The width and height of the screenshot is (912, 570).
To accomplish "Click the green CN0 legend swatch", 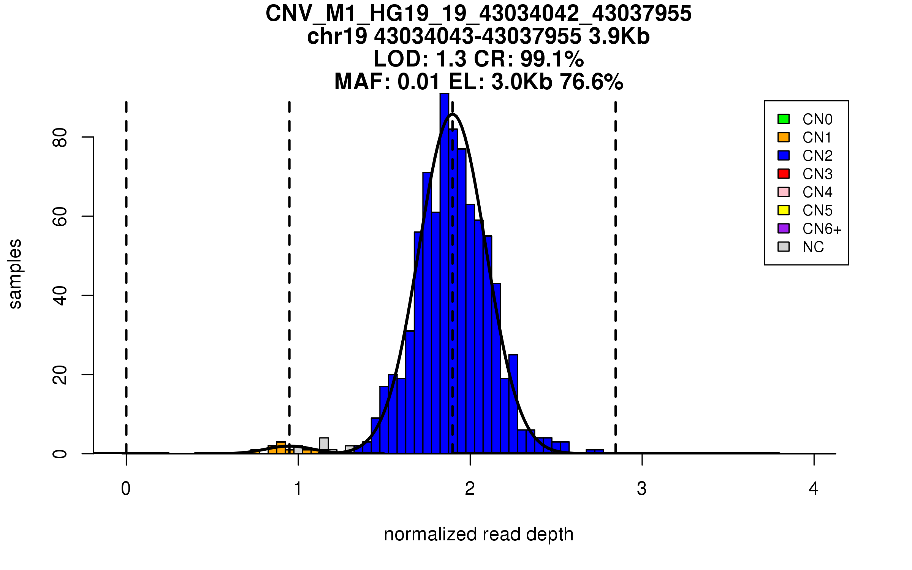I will pos(783,119).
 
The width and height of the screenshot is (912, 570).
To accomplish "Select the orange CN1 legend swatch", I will pos(783,137).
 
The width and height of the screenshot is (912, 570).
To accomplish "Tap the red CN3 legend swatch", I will pos(783,174).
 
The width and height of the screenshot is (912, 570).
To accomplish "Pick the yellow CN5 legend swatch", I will pos(783,210).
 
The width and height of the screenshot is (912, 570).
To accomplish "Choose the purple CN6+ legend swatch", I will pos(783,228).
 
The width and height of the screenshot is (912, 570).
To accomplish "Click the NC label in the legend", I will pos(813,247).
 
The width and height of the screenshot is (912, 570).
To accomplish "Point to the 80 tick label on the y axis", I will pos(60,137).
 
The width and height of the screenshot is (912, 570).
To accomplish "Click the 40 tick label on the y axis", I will pos(60,296).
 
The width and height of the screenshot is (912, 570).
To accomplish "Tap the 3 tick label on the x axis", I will pos(641,489).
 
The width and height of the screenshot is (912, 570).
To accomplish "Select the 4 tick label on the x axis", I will pos(814,489).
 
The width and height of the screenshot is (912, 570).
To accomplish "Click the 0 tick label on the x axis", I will pos(126,489).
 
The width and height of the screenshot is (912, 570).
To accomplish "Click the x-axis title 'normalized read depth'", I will pos(478,534).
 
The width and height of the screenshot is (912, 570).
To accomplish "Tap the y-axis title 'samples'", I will pos(15,274).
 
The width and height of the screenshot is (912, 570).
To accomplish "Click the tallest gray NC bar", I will pos(324,445).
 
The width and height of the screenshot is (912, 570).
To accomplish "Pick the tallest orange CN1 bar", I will pos(281,448).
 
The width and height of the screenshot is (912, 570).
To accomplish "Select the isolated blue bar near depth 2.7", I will pos(595,451).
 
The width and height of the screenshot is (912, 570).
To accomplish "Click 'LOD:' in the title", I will pos(401,59).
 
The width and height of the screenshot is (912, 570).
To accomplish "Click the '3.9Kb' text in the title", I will pos(619,36).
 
